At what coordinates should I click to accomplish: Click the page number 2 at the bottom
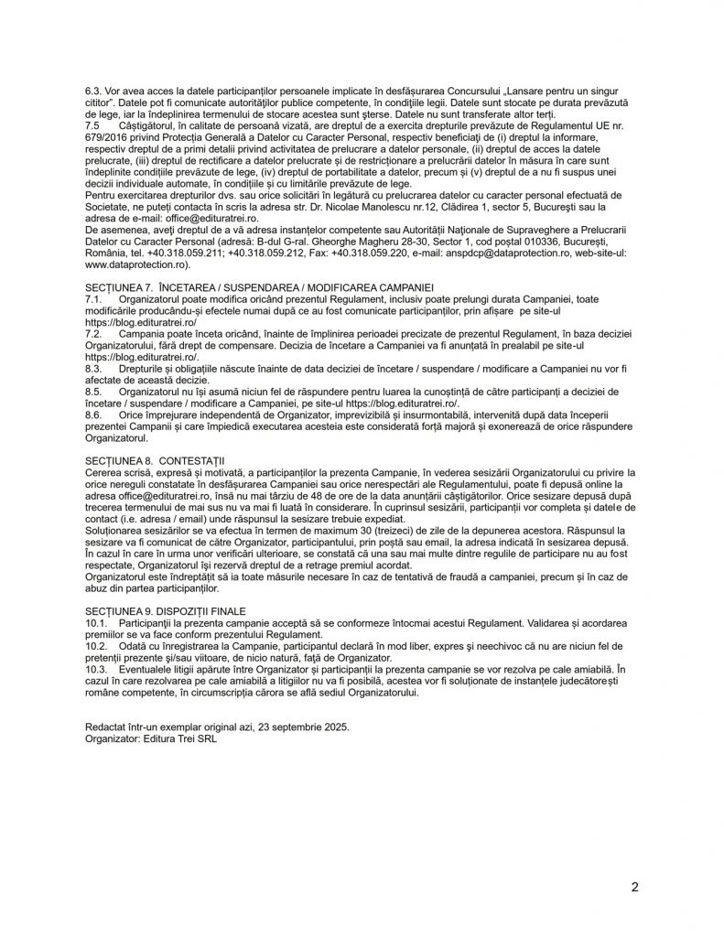coord(633,888)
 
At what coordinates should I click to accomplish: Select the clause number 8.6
coord(93,414)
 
